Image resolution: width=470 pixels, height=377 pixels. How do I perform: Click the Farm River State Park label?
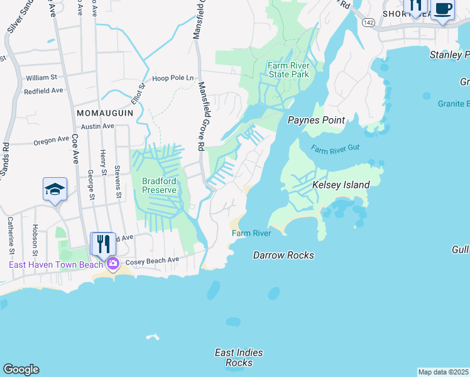point(288,70)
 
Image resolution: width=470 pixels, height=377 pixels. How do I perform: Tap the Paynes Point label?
point(313,120)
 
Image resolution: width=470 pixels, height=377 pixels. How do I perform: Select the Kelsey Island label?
point(341,185)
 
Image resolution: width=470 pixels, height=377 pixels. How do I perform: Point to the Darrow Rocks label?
point(283,255)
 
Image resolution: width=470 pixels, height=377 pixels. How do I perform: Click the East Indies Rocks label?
point(239,358)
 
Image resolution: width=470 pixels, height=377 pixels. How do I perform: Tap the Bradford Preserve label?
point(158,185)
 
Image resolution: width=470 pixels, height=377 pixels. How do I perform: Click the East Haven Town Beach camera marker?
point(113,263)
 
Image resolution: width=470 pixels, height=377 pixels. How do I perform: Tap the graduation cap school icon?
point(55,189)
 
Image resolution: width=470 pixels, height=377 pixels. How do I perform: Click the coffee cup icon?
point(442,9)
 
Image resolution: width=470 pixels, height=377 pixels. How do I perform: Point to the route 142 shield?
point(369,23)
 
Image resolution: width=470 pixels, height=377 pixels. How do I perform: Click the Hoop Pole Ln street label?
point(173,78)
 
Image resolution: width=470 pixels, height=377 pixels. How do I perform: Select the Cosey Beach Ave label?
point(153,260)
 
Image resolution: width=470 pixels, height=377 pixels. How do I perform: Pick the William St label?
point(41,78)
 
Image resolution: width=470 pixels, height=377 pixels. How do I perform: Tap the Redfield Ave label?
point(44,90)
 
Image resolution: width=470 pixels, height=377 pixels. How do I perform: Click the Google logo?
point(21,369)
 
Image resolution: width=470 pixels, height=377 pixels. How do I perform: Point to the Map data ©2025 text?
point(443,372)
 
